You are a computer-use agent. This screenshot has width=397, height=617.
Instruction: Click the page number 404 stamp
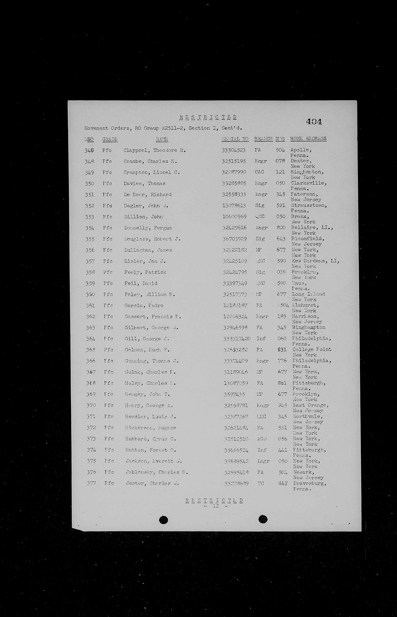pos(314,122)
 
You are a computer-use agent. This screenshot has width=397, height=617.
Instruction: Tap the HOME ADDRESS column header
pos(308,139)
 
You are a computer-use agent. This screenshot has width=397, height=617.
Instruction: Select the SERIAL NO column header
pos(235,139)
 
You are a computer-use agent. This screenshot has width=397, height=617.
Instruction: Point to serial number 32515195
pos(234,161)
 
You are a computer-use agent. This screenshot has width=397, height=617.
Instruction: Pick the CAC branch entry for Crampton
pos(259,172)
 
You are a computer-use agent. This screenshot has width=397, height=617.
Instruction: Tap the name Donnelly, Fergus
pos(148,228)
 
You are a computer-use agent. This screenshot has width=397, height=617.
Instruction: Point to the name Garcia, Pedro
pos(144,305)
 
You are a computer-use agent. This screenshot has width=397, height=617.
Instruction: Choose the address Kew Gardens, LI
pos(315,261)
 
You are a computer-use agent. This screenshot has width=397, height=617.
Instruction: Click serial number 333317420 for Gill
pos(237,339)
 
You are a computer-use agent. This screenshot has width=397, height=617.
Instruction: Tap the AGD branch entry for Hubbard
pos(262,439)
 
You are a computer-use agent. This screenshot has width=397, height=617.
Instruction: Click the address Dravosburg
pos(310,483)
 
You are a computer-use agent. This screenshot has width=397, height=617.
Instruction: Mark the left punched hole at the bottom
pos(163,520)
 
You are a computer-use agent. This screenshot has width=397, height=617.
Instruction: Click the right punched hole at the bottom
pos(263,519)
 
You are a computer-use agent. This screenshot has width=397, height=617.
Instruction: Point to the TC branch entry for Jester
pos(261,484)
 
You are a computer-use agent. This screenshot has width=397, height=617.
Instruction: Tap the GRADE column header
pos(110,139)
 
